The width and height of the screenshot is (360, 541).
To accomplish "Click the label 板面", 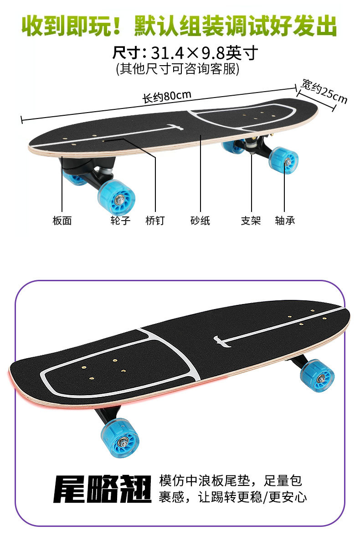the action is click(x=62, y=221).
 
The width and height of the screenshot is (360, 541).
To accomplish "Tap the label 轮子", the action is click(x=120, y=221).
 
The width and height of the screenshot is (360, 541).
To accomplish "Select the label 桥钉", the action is click(x=155, y=221).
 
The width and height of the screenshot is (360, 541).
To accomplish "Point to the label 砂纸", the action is click(x=200, y=221).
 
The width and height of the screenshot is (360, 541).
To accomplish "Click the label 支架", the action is click(x=251, y=221).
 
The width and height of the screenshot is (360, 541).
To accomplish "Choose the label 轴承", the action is click(x=285, y=221).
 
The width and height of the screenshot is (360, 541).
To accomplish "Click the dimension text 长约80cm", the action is click(x=167, y=96).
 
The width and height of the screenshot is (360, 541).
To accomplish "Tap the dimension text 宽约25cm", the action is click(x=324, y=91).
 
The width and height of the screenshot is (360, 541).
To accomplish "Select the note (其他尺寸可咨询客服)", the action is click(x=178, y=69).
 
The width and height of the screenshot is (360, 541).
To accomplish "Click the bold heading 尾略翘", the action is click(x=102, y=489).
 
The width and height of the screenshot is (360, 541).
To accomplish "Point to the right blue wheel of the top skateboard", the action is click(x=284, y=160).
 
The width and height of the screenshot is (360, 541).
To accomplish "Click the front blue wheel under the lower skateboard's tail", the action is click(x=120, y=438).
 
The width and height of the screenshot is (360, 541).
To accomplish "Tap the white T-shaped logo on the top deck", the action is click(x=175, y=126).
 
